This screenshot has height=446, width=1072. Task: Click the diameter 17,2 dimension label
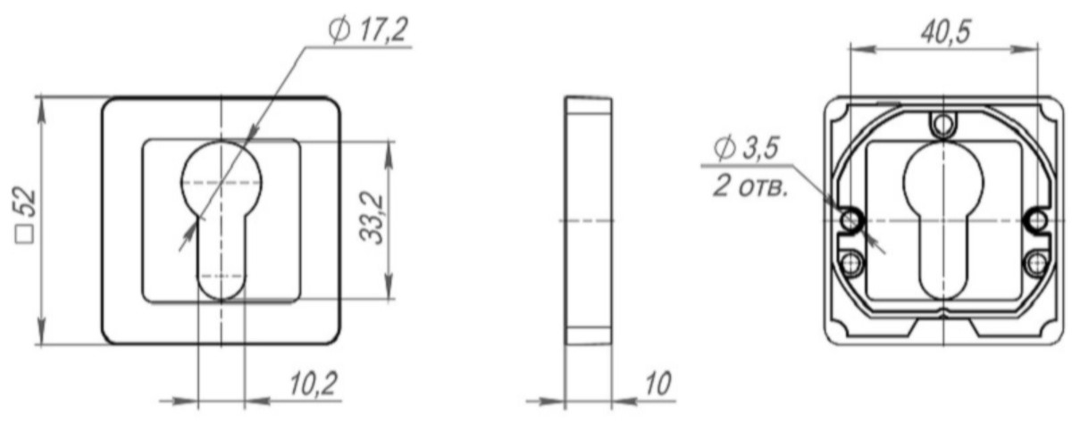[367, 30]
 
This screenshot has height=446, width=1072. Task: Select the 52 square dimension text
[25, 215]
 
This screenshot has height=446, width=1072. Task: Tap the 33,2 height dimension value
[372, 218]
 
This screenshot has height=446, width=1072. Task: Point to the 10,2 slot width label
[314, 384]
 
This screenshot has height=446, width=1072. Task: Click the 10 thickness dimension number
[658, 384]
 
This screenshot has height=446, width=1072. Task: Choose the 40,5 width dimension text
[946, 32]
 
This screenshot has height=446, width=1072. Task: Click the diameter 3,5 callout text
[746, 148]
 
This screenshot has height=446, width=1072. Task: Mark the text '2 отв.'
[750, 186]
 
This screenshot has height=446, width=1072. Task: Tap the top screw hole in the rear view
[942, 125]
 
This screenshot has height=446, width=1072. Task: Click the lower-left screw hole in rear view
[850, 262]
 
